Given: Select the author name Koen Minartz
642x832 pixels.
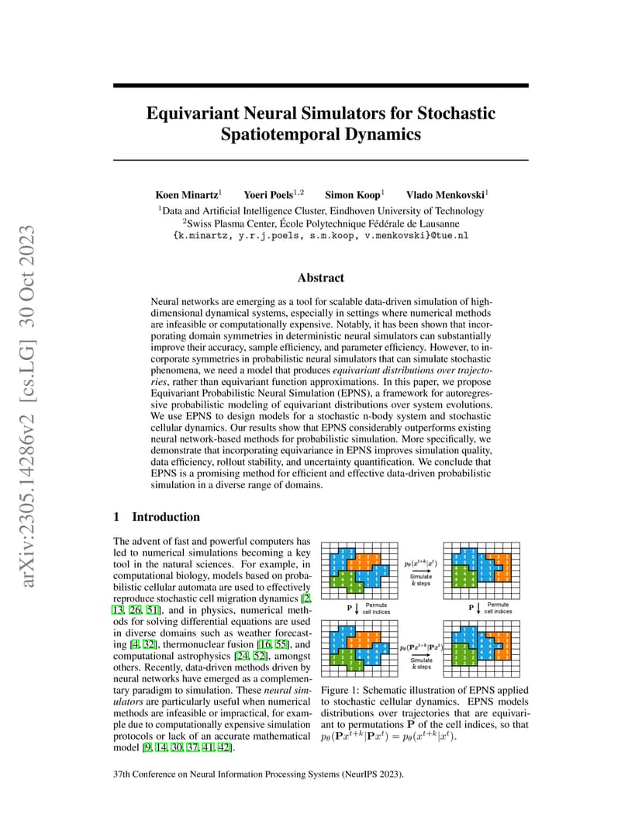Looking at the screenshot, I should coord(186,194).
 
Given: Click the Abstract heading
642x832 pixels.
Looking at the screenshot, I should coord(320,277).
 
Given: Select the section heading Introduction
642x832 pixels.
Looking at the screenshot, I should coord(166,517).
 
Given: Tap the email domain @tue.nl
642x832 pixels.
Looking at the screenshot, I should coord(451,234).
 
